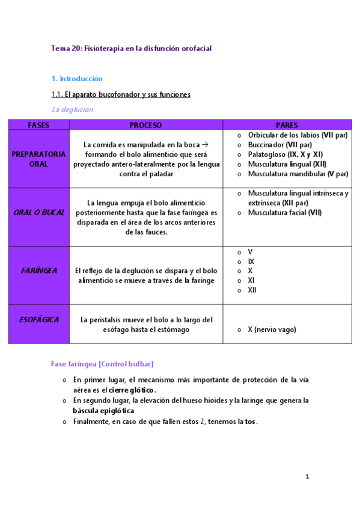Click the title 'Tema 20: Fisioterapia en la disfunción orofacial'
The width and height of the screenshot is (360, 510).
click(131, 48)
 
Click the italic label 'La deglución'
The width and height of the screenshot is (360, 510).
click(72, 109)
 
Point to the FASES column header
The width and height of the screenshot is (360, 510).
click(38, 125)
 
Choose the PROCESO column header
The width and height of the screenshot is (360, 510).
click(145, 125)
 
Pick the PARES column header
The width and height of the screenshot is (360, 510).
click(287, 125)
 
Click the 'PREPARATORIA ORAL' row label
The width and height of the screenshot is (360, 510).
click(38, 159)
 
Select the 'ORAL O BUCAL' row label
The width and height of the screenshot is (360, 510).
click(38, 213)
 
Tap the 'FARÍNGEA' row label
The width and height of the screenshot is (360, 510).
click(38, 271)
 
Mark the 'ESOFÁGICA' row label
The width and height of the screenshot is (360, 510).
click(38, 320)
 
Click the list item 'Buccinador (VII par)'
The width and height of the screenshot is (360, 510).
click(279, 145)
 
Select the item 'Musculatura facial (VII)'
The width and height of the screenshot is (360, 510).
click(284, 213)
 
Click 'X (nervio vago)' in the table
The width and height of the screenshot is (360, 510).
click(272, 330)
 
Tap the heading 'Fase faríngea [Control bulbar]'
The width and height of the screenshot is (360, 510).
click(102, 364)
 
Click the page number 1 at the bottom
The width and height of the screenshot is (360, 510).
click(307, 478)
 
